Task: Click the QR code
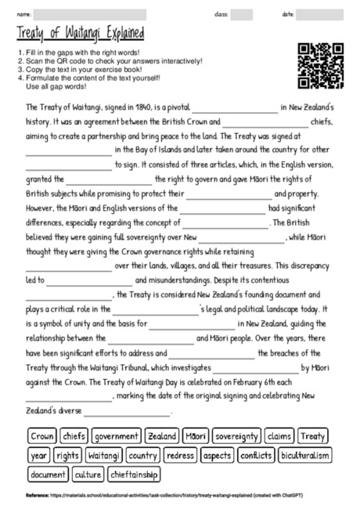tap(322, 66)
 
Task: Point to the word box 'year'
tap(38, 455)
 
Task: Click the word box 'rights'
tap(68, 455)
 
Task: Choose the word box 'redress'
tap(180, 455)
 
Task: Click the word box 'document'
tap(48, 474)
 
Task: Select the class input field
tap(241, 14)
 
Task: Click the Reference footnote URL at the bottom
tap(149, 496)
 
